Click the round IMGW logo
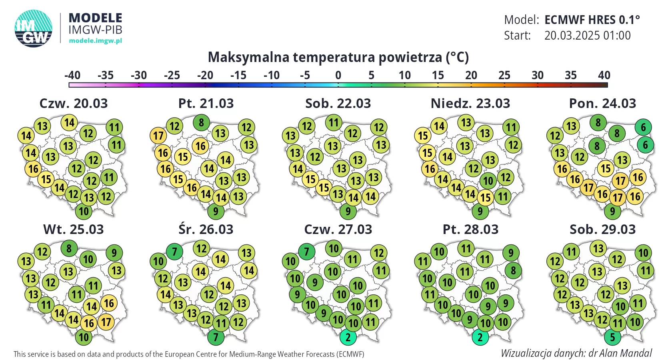coord(34,28)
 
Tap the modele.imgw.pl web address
coord(95,40)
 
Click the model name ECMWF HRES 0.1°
coord(592,20)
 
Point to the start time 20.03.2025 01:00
coord(587,36)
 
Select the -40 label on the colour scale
coord(72,75)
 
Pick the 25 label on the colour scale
coord(504,75)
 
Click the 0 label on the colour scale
coord(338,75)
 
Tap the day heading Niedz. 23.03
coord(470,103)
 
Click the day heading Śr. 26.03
coord(206,229)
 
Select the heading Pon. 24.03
coord(602,103)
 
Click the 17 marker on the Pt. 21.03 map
coord(158,136)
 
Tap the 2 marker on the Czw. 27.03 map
coord(348,337)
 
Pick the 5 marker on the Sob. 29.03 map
coord(612,337)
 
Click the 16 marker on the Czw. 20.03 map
coord(33,169)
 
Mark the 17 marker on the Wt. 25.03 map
coord(106,322)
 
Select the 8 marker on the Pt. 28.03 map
coord(513,270)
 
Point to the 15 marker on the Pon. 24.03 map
coord(606,168)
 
